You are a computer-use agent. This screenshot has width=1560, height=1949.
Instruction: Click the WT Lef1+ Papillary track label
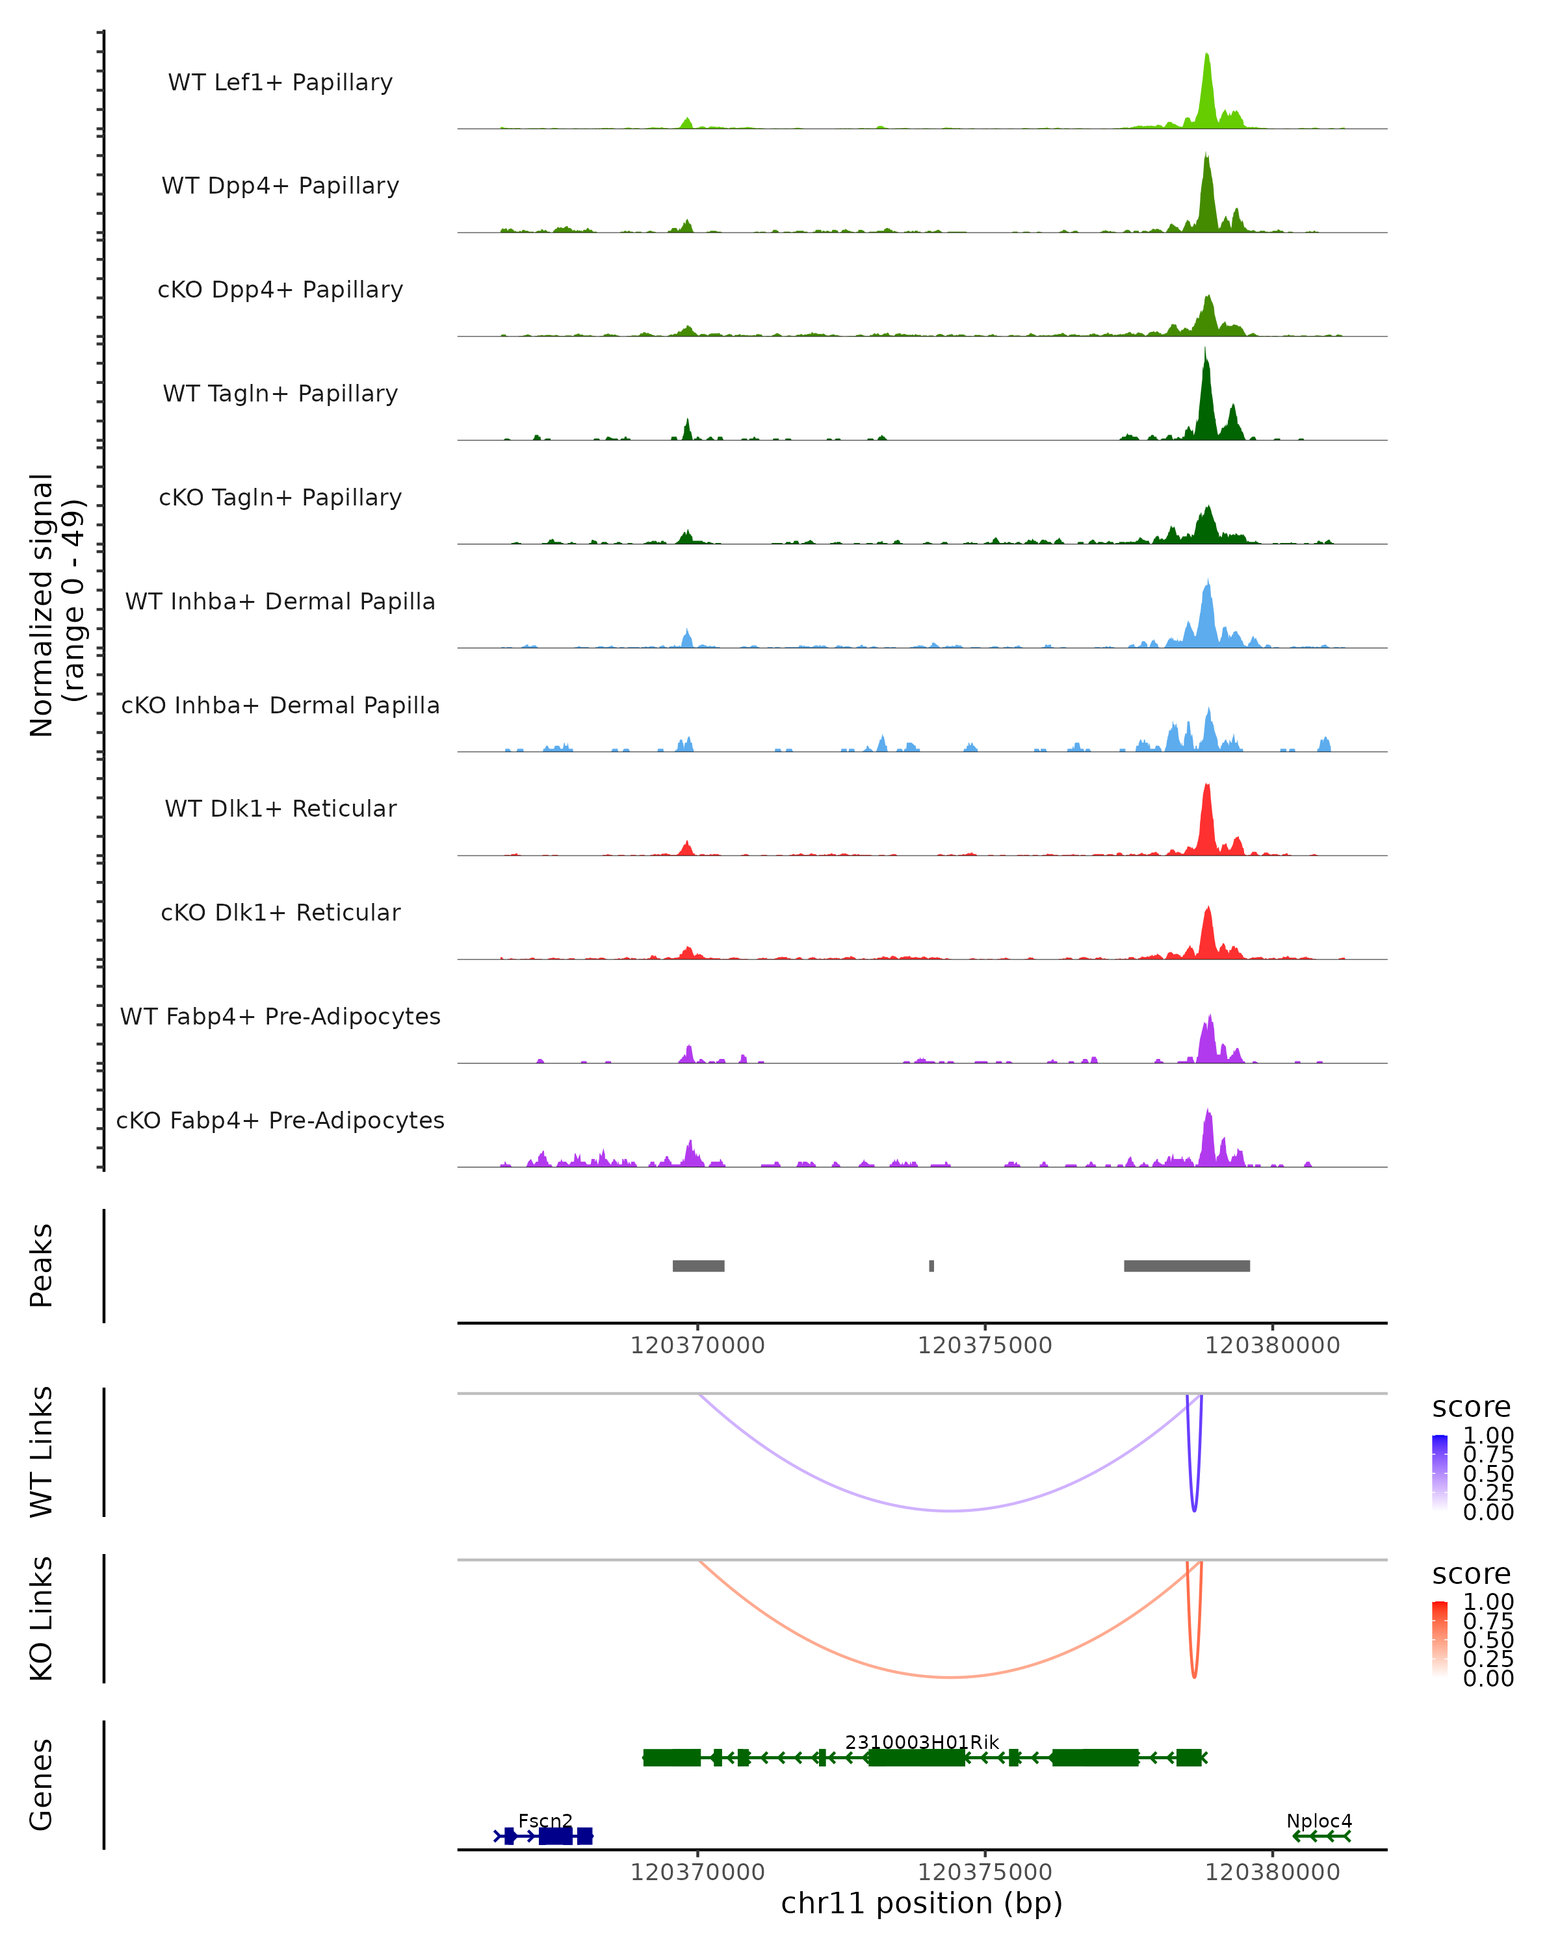pos(280,83)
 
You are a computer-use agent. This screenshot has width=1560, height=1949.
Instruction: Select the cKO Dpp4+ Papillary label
pos(280,289)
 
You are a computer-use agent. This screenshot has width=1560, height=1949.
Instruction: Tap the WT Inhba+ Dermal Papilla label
pos(280,601)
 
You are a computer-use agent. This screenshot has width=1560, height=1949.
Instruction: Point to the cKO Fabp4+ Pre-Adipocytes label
pos(280,1120)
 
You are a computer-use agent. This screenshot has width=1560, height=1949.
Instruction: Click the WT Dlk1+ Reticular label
pos(280,808)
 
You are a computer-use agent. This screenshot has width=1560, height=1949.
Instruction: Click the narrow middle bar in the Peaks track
pos(931,1266)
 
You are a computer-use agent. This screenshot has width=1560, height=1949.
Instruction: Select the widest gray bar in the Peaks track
pos(1186,1266)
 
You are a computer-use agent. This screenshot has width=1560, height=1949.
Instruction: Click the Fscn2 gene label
pos(545,1820)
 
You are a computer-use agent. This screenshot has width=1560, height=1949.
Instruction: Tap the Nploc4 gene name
pos(1319,1820)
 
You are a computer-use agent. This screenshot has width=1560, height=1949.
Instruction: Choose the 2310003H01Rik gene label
pos(922,1742)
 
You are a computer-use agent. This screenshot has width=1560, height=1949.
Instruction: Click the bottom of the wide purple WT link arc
pos(950,1510)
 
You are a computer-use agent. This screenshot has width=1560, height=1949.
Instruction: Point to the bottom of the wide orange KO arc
pos(950,1677)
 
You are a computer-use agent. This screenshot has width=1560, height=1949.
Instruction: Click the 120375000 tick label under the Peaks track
pos(985,1345)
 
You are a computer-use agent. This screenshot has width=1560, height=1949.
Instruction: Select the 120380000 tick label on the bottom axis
pos(1273,1872)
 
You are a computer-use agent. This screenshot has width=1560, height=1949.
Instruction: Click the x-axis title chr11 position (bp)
pos(922,1904)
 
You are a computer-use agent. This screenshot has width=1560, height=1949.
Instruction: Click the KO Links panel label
pos(42,1618)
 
